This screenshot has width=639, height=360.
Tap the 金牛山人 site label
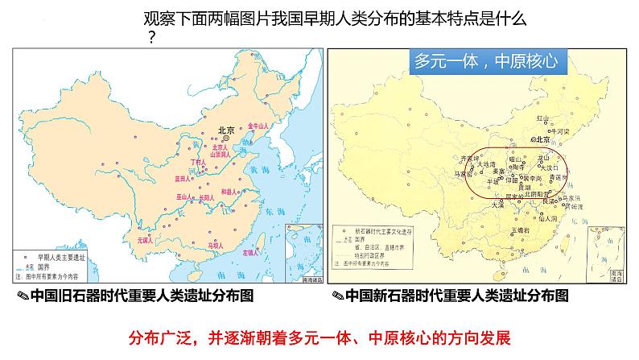pos(262,126)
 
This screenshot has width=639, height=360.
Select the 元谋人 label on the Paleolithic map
pos(146,239)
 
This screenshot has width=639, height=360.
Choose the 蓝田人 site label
pos(183,177)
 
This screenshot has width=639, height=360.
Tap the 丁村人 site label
pos(196,162)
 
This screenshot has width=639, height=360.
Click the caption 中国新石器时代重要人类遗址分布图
pos(457,296)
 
